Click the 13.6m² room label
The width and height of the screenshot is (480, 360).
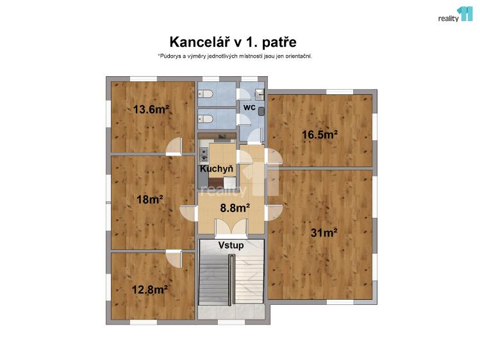pyautogui.click(x=151, y=109)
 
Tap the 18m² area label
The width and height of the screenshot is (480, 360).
pyautogui.click(x=149, y=199)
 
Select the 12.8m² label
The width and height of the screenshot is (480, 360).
pyautogui.click(x=149, y=289)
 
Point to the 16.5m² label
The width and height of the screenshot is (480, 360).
pyautogui.click(x=320, y=135)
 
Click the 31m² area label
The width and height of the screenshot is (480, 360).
pyautogui.click(x=324, y=233)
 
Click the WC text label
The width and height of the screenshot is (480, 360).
pyautogui.click(x=249, y=108)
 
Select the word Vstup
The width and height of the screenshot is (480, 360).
pyautogui.click(x=230, y=245)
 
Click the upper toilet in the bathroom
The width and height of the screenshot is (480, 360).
pyautogui.click(x=206, y=94)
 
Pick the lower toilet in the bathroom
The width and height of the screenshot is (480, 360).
pyautogui.click(x=206, y=119)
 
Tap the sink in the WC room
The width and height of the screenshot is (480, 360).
pyautogui.click(x=261, y=110)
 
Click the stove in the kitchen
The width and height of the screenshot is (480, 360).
pyautogui.click(x=204, y=154)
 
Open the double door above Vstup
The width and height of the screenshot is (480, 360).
pyautogui.click(x=231, y=228)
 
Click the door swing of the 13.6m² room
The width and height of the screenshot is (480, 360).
pyautogui.click(x=174, y=148)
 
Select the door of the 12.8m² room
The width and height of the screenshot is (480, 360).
pyautogui.click(x=174, y=258)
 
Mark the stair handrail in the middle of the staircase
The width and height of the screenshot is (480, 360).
pyautogui.click(x=231, y=279)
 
